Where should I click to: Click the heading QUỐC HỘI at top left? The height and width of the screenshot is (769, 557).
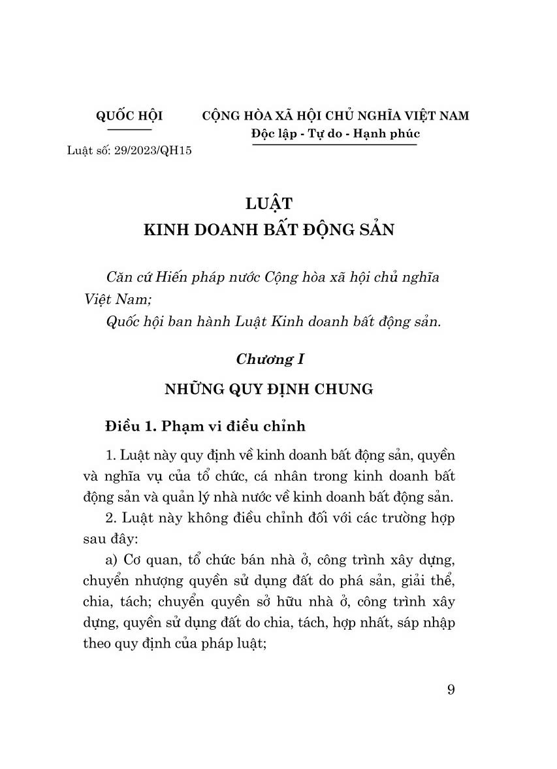pyautogui.click(x=129, y=116)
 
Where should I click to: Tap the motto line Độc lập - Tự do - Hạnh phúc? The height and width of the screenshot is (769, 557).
pyautogui.click(x=335, y=133)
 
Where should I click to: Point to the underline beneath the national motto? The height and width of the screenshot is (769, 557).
pyautogui.click(x=335, y=144)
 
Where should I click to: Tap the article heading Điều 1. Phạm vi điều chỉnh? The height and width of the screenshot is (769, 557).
pyautogui.click(x=204, y=427)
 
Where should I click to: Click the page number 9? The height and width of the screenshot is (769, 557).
pyautogui.click(x=451, y=691)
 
